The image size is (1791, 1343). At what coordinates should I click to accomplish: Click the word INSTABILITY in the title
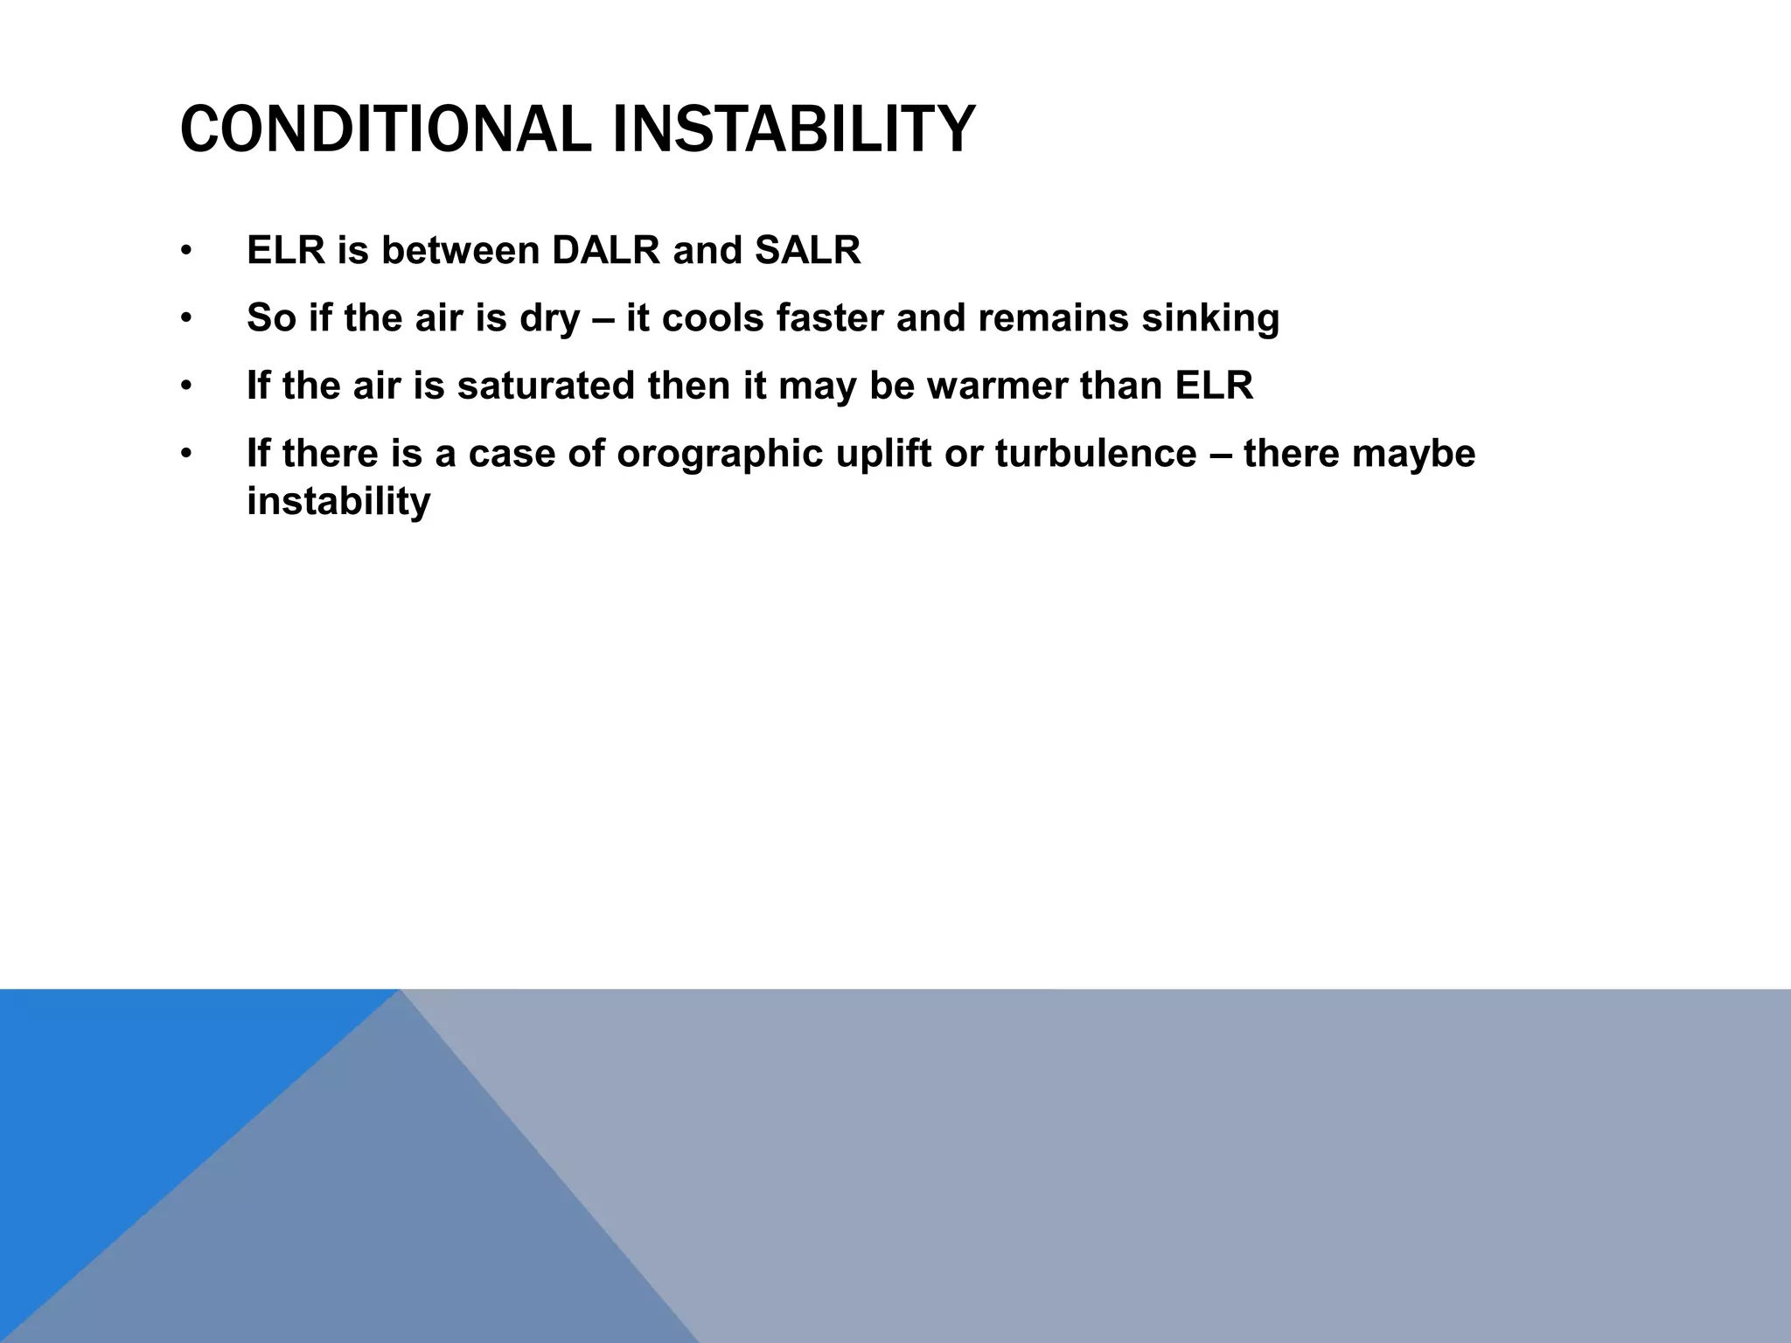pyautogui.click(x=793, y=129)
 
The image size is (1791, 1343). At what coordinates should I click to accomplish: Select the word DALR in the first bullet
pyautogui.click(x=605, y=251)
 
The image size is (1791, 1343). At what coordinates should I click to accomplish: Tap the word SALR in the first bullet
pyautogui.click(x=807, y=251)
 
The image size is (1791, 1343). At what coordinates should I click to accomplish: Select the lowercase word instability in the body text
pyautogui.click(x=338, y=502)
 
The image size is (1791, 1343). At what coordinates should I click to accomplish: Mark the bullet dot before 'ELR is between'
pyautogui.click(x=185, y=252)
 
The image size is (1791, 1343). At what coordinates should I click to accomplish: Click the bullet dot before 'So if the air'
pyautogui.click(x=185, y=319)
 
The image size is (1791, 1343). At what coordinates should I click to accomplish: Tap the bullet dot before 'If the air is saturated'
pyautogui.click(x=185, y=386)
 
